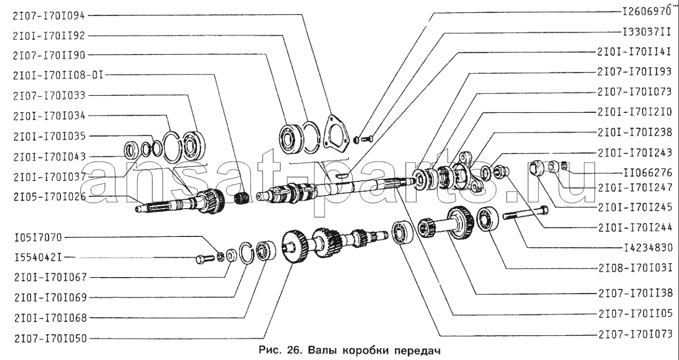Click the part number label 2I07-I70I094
click(x=49, y=16)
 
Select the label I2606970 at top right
click(x=646, y=11)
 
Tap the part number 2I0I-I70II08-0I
click(x=58, y=75)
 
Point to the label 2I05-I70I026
click(x=50, y=197)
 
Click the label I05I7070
click(x=38, y=237)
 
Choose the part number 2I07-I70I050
click(x=51, y=338)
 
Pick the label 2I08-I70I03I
click(x=635, y=268)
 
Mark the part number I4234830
click(x=648, y=248)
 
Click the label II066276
click(x=648, y=173)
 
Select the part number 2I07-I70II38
click(x=636, y=293)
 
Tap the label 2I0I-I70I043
click(x=49, y=157)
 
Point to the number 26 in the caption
click(x=294, y=350)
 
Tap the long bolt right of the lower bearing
click(x=526, y=212)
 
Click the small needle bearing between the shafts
click(x=242, y=198)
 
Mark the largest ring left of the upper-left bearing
click(x=172, y=147)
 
